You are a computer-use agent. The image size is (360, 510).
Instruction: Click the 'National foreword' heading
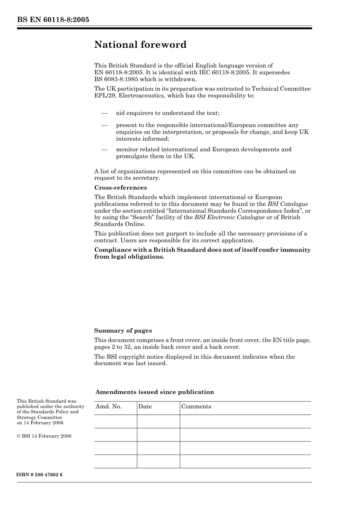pyautogui.click(x=140, y=45)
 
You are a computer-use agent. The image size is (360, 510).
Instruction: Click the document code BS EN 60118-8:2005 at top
pyautogui.click(x=53, y=20)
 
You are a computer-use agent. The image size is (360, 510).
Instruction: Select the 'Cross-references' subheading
pyautogui.click(x=121, y=188)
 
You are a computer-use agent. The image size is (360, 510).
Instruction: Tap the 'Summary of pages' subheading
pyautogui.click(x=123, y=331)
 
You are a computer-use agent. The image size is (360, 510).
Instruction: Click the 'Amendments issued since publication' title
pyautogui.click(x=155, y=392)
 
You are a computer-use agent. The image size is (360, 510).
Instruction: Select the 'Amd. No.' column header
pyautogui.click(x=108, y=406)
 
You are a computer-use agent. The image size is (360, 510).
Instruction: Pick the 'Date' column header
pyautogui.click(x=145, y=406)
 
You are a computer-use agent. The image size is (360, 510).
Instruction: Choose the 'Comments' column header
pyautogui.click(x=196, y=406)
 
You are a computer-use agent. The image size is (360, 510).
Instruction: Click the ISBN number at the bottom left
pyautogui.click(x=40, y=475)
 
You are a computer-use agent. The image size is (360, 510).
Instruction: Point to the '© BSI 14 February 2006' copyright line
pyautogui.click(x=44, y=436)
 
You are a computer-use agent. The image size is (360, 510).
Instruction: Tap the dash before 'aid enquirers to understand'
pyautogui.click(x=104, y=113)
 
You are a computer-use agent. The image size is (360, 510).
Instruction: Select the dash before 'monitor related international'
pyautogui.click(x=104, y=149)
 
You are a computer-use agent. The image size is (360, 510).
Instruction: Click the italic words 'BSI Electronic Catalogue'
pyautogui.click(x=229, y=217)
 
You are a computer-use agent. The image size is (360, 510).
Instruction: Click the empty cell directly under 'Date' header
pyautogui.click(x=158, y=421)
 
